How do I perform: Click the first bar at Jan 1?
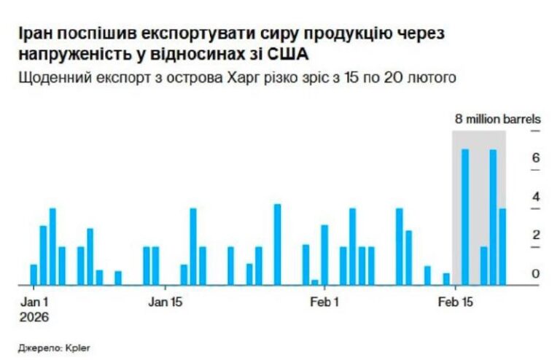(x=34, y=274)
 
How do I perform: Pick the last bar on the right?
(x=502, y=246)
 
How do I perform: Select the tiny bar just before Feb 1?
(x=315, y=282)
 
